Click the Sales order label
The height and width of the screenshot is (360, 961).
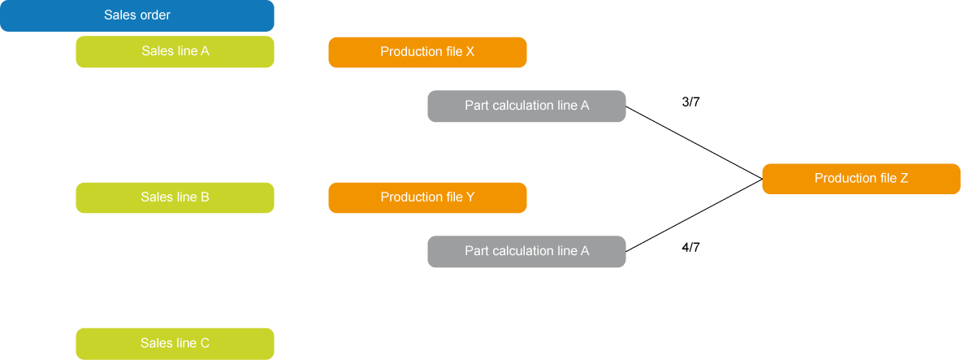point(137,15)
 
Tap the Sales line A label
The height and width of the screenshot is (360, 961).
point(175,51)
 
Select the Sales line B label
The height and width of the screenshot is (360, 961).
point(175,197)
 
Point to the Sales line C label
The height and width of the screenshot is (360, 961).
point(175,344)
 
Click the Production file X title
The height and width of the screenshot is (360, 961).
point(427,52)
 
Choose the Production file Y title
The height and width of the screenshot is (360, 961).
point(427,197)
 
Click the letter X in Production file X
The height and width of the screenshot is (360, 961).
point(470,52)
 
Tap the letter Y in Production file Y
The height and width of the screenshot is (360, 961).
point(470,197)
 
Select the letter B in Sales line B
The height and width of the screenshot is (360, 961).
point(205,197)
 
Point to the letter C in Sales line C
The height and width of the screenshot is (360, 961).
point(205,344)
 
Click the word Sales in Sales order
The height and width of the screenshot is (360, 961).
point(119,15)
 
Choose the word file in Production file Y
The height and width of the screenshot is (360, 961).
point(452,197)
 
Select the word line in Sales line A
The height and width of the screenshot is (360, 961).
point(186,51)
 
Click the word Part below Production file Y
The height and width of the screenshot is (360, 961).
point(476,251)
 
